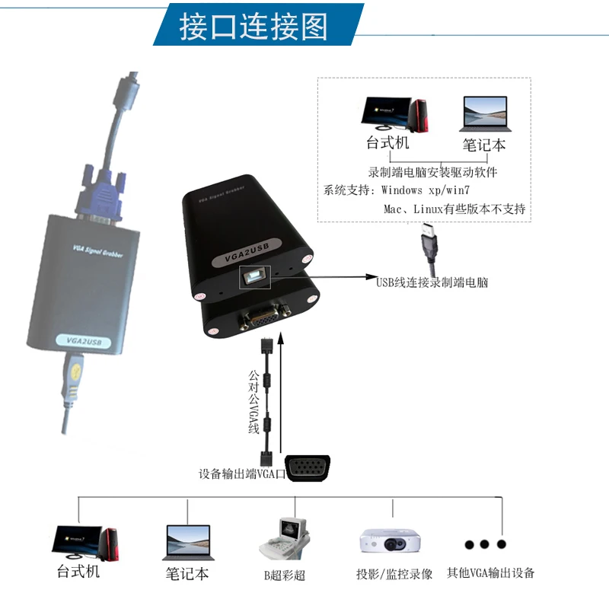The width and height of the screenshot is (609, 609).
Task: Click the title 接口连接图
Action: pos(253,27)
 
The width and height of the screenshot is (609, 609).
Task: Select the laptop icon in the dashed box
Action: pos(484,114)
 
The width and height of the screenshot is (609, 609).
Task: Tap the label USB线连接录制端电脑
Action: pos(432,282)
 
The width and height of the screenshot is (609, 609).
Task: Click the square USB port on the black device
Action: pos(254,279)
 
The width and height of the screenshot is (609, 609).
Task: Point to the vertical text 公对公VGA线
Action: pos(254,401)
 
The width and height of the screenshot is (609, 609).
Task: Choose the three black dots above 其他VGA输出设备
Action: pos(482,544)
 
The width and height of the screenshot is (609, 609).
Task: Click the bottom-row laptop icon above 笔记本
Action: pos(187,542)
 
